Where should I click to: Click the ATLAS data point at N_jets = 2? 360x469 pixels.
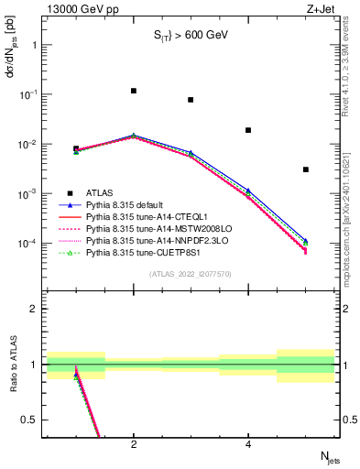pyautogui.click(x=134, y=91)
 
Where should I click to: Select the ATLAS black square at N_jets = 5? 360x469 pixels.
pyautogui.click(x=306, y=169)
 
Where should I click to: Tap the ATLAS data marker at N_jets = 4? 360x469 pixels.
pyautogui.click(x=248, y=130)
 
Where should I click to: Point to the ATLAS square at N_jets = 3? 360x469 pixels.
pyautogui.click(x=191, y=100)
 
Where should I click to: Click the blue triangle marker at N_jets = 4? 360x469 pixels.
pyautogui.click(x=248, y=191)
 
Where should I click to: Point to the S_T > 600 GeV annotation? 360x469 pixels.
pyautogui.click(x=190, y=36)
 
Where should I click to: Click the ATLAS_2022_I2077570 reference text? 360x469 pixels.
pyautogui.click(x=190, y=273)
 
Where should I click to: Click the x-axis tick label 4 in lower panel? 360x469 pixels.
pyautogui.click(x=248, y=444)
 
